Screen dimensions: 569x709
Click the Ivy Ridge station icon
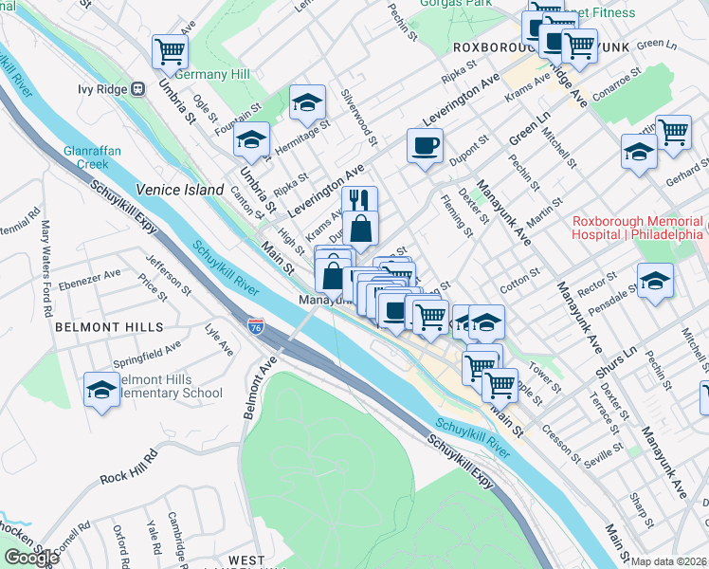(x=137, y=89)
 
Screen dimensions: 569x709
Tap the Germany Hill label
(x=198, y=75)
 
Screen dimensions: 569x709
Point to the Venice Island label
(x=179, y=190)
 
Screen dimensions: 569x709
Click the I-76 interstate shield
(x=256, y=326)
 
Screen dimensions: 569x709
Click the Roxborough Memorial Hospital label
(x=638, y=228)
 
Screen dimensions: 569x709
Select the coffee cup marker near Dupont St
(x=425, y=146)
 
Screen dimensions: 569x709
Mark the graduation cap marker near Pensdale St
(x=656, y=281)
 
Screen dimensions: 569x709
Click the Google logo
(x=31, y=558)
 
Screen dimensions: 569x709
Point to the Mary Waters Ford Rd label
(x=45, y=255)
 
